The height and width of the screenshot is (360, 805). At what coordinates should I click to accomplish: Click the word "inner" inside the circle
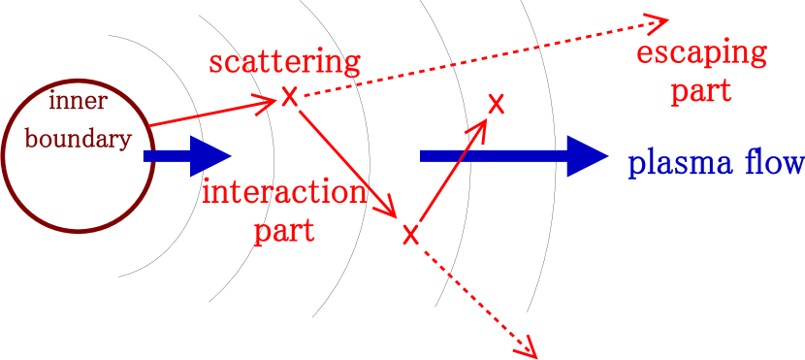(x=78, y=103)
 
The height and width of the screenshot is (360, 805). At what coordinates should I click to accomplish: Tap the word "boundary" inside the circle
(x=78, y=139)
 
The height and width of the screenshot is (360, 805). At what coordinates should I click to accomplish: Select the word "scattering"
(x=284, y=63)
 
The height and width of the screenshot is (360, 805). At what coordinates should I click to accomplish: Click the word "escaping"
(x=701, y=53)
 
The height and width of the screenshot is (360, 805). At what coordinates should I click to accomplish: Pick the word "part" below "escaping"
(x=701, y=91)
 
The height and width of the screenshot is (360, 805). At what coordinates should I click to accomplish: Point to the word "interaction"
(x=284, y=192)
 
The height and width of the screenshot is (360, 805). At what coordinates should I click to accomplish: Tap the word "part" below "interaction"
(x=284, y=231)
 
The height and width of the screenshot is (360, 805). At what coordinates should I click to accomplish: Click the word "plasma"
(x=680, y=164)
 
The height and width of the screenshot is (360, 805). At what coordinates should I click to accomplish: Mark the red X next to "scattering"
(x=289, y=97)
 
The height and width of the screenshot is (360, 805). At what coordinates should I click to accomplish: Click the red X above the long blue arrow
(x=496, y=104)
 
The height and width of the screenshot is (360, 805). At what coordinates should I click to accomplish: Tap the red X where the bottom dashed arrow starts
(x=410, y=234)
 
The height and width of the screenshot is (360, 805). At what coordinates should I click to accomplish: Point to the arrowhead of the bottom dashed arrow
(x=531, y=348)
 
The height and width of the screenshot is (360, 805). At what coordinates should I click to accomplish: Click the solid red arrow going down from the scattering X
(x=347, y=164)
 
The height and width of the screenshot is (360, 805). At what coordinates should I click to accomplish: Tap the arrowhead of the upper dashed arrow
(x=660, y=20)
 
